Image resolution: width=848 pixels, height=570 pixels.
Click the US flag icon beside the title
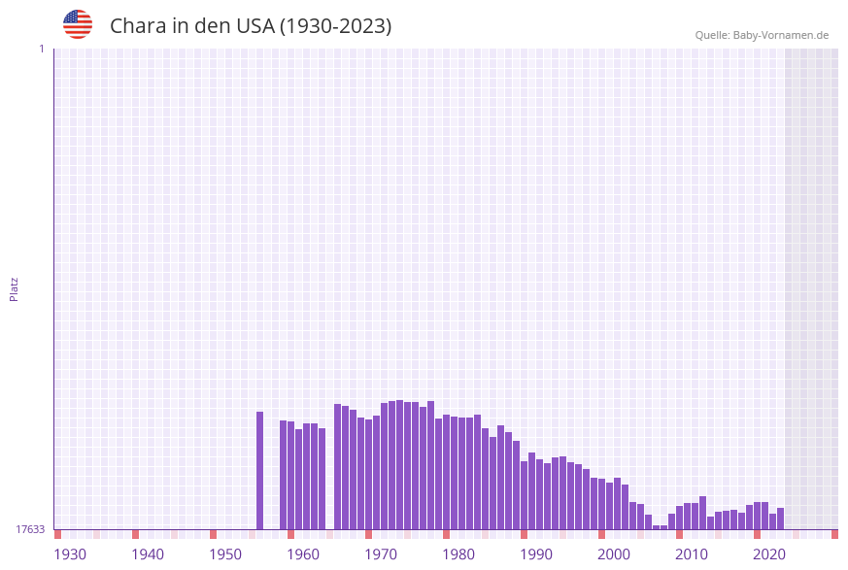coord(78,24)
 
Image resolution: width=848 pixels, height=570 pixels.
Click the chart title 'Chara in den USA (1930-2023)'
coord(251,26)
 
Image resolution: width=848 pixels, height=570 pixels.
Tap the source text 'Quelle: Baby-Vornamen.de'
coord(762,35)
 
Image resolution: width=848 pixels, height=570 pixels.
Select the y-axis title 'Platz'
coord(15,288)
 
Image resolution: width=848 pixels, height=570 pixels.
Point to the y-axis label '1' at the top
coord(41,49)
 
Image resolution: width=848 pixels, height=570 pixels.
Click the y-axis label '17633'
coord(30,529)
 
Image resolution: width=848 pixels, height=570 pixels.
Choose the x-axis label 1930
coord(70,554)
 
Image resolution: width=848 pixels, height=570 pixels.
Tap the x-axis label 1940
coord(148,554)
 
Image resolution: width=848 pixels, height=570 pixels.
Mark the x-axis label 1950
coord(225,554)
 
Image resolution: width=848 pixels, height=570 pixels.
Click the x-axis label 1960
coord(303,554)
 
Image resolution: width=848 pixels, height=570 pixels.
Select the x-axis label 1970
coord(381,554)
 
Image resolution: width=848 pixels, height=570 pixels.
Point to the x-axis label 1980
coord(458,554)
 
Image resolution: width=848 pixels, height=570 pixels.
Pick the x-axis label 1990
coord(536,554)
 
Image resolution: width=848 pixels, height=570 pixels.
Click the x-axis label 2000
coord(614,554)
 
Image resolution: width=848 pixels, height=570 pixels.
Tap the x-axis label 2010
coord(692,554)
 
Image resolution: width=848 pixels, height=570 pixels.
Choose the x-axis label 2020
coord(769,554)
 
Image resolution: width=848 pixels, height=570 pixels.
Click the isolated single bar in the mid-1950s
coord(259,471)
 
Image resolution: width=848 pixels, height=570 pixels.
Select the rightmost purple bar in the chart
coord(780,519)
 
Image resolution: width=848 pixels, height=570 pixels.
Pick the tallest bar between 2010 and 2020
coord(702,513)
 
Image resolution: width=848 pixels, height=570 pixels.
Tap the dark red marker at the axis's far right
coord(834,534)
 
